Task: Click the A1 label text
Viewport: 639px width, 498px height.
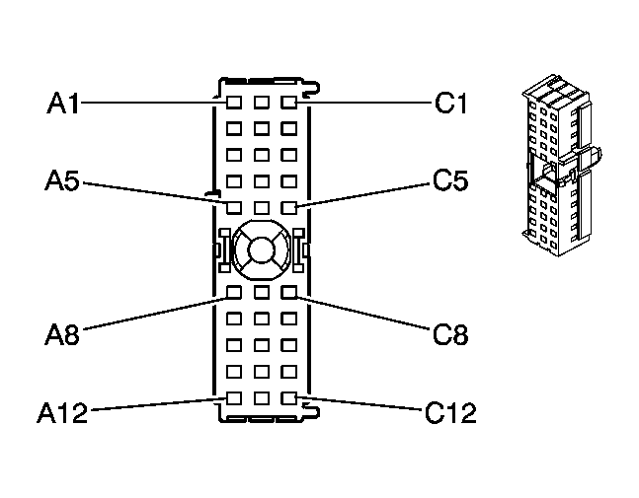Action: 63,103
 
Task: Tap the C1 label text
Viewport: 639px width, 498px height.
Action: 450,103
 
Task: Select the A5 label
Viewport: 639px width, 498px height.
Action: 62,180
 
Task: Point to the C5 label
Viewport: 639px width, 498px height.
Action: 450,180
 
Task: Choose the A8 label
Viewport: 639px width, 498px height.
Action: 62,335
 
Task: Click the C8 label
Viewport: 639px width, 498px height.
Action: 450,335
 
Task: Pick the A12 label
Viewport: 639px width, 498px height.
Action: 62,412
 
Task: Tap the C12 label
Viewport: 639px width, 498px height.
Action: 450,412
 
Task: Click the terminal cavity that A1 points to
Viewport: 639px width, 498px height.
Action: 233,103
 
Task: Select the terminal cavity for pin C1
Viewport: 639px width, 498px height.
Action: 289,103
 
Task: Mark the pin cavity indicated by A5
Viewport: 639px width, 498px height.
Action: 233,207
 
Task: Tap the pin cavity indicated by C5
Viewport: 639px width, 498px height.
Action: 289,207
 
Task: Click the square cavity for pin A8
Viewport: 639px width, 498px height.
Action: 233,292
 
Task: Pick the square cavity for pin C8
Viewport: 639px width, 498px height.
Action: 289,292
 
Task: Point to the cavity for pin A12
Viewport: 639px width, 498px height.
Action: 233,398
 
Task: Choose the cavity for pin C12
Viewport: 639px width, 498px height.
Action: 289,398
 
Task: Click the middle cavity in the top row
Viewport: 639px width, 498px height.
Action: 261,103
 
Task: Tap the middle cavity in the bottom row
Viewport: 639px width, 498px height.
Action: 261,398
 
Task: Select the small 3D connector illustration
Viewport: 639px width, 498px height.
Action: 562,165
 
